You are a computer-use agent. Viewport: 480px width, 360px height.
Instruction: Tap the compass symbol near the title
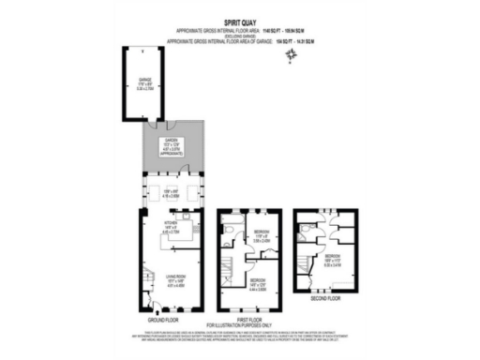292,55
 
